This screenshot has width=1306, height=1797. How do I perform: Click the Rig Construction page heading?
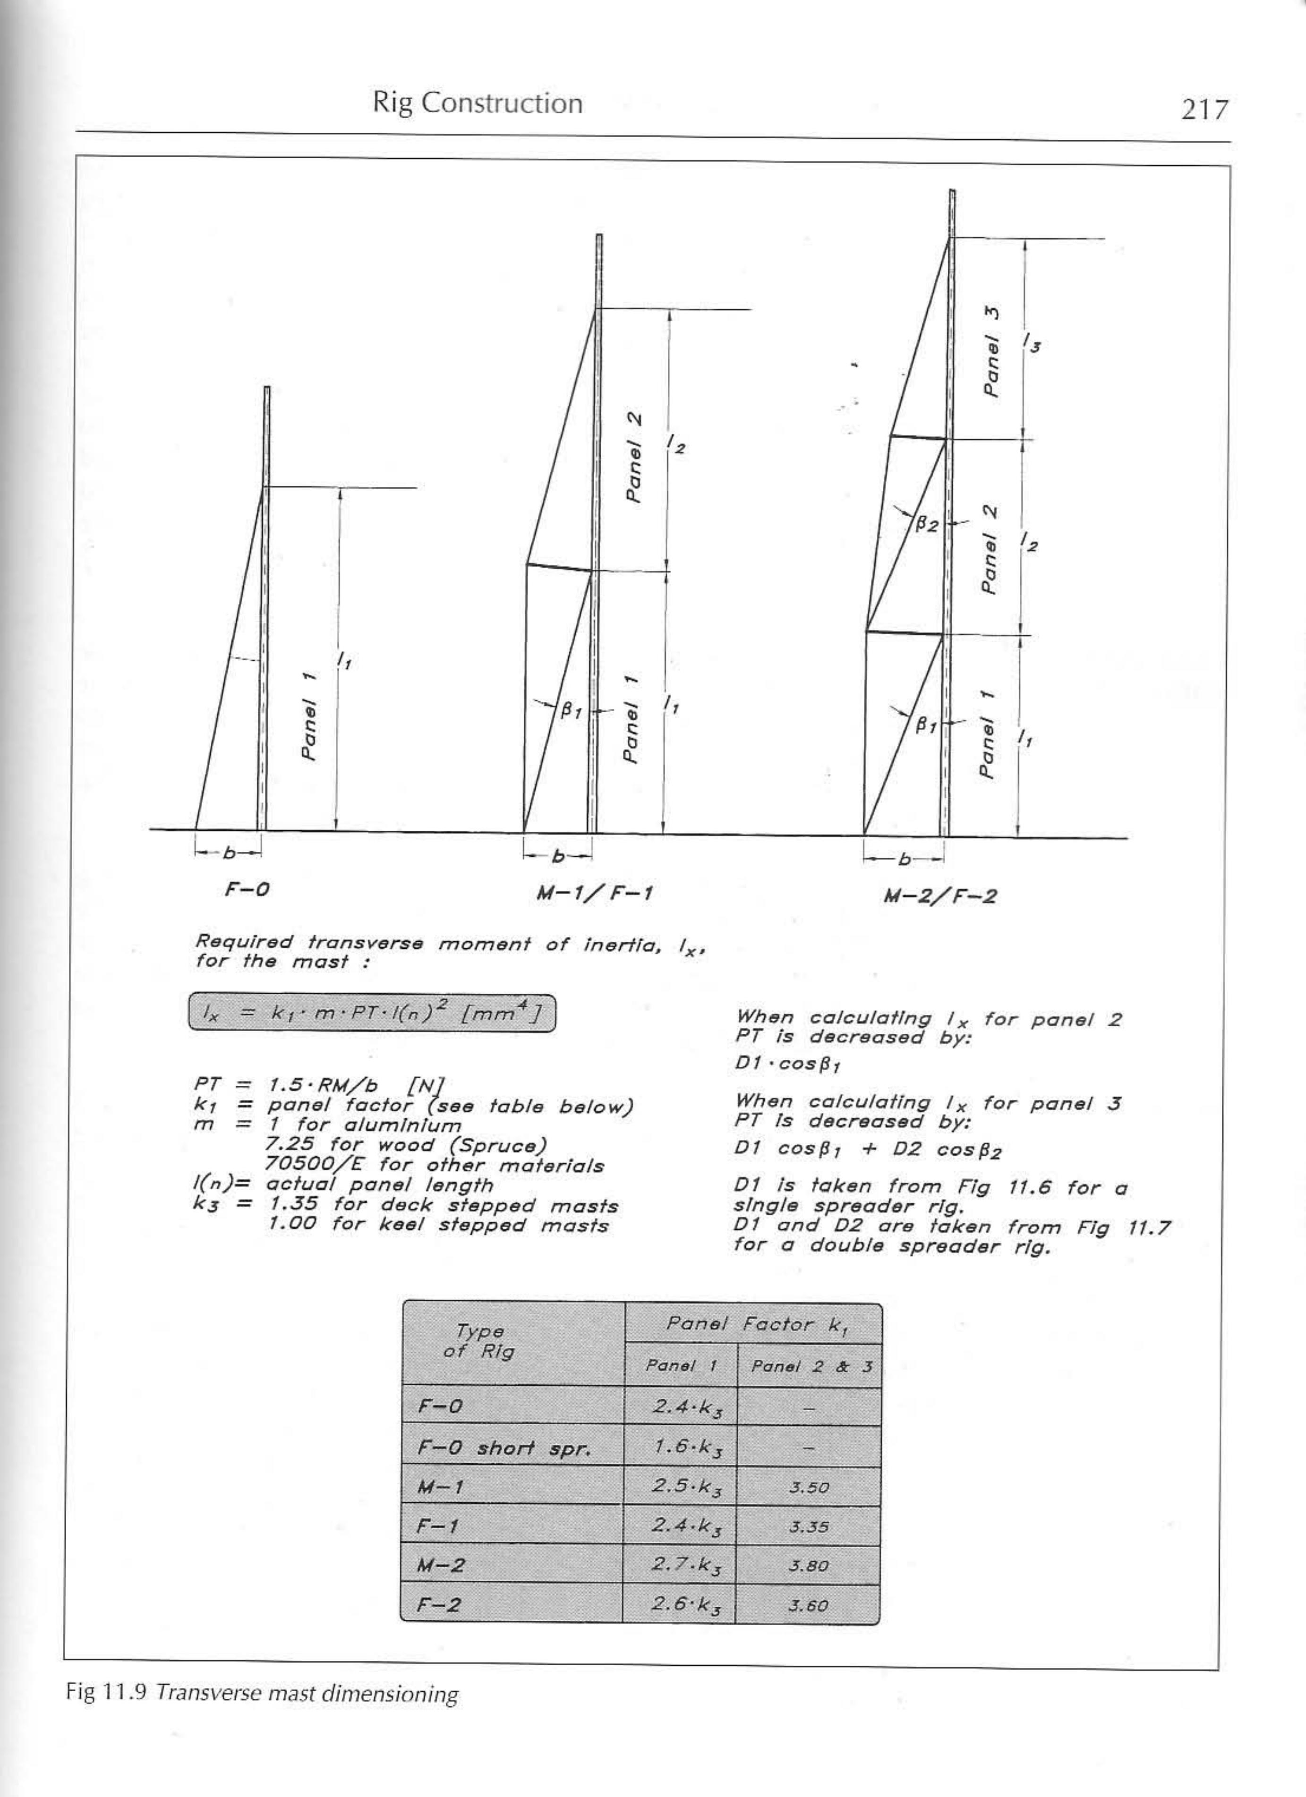click(x=478, y=103)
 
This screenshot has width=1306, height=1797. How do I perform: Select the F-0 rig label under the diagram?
click(x=247, y=889)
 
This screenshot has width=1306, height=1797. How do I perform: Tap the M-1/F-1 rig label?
click(x=594, y=894)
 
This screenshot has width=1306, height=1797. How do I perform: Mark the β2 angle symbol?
click(x=926, y=525)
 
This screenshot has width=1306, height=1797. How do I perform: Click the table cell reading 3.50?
click(x=808, y=1487)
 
